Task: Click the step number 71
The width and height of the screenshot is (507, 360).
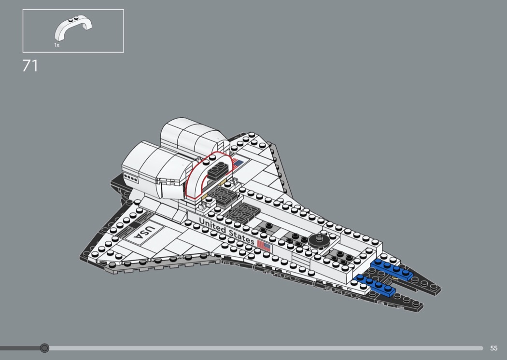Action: [30, 66]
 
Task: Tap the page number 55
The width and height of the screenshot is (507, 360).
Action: [493, 348]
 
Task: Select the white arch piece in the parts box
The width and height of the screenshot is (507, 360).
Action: [73, 28]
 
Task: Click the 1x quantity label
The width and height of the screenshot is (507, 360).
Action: [56, 45]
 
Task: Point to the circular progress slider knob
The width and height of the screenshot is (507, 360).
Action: [44, 348]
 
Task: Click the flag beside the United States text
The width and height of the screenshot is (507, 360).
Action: [264, 246]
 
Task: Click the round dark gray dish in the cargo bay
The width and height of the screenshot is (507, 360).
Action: [318, 239]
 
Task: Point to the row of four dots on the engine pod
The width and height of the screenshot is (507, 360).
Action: [131, 177]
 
